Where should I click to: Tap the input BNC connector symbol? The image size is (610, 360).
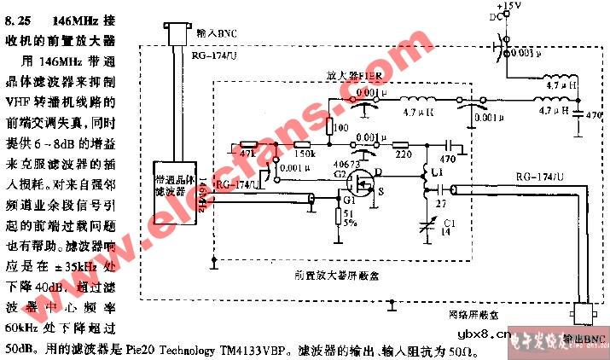tap(178, 33)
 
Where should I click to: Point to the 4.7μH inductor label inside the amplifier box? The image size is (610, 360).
tap(419, 113)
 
